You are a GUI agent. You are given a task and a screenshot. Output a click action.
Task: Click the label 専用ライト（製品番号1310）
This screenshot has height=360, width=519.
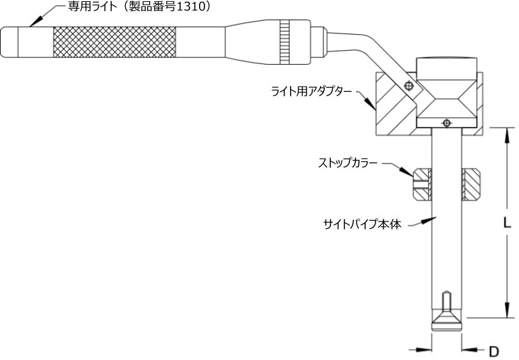[x=139, y=7]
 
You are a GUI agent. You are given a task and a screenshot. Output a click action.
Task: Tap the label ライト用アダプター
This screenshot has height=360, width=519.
[x=311, y=92]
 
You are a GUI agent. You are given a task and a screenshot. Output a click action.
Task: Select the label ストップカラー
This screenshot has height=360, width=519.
[x=347, y=163]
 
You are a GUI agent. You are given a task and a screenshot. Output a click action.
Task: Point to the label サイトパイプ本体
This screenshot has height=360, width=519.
[x=362, y=225]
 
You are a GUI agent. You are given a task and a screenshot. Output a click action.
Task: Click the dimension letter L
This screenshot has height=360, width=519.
[x=507, y=223]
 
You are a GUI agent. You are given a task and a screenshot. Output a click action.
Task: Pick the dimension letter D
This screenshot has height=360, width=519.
[x=494, y=351]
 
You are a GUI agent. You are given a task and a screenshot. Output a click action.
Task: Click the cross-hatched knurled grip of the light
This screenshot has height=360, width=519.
[x=115, y=42]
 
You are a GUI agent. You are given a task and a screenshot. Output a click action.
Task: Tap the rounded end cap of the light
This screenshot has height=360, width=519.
[x=9, y=42]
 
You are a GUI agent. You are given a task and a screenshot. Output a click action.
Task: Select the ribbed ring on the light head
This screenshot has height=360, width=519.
[x=285, y=42]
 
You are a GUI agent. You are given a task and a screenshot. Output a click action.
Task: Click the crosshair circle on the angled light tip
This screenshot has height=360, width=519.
[x=408, y=86]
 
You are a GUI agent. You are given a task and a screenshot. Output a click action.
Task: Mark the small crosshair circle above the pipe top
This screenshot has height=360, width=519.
[x=446, y=123]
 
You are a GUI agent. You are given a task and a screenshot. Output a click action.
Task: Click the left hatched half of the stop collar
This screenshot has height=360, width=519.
[x=423, y=185]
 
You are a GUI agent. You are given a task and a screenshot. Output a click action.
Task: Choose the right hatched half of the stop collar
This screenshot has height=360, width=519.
[x=471, y=185]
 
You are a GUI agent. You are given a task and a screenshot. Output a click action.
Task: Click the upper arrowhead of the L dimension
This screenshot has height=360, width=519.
[x=506, y=135]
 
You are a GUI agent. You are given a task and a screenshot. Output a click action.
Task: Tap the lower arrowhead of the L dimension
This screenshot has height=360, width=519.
[x=506, y=310]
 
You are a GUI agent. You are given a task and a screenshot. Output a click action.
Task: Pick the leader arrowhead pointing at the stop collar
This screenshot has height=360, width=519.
[x=406, y=171]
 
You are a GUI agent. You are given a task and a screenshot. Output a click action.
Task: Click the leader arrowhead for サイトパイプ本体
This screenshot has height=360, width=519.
[x=429, y=220]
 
